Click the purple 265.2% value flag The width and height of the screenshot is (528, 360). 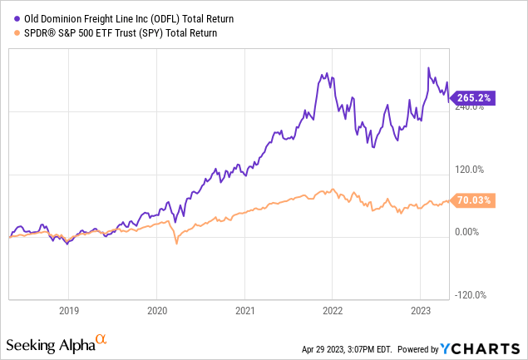[474, 98]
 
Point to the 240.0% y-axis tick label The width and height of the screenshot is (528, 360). [468, 107]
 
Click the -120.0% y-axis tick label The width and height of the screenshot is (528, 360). [468, 294]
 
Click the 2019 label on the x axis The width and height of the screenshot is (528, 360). [69, 312]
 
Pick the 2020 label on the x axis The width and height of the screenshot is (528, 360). [156, 312]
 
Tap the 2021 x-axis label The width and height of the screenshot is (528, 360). [244, 312]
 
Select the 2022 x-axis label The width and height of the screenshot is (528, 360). [332, 312]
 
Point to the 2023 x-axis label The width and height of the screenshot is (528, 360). [419, 312]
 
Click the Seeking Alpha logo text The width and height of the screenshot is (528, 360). [49, 344]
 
